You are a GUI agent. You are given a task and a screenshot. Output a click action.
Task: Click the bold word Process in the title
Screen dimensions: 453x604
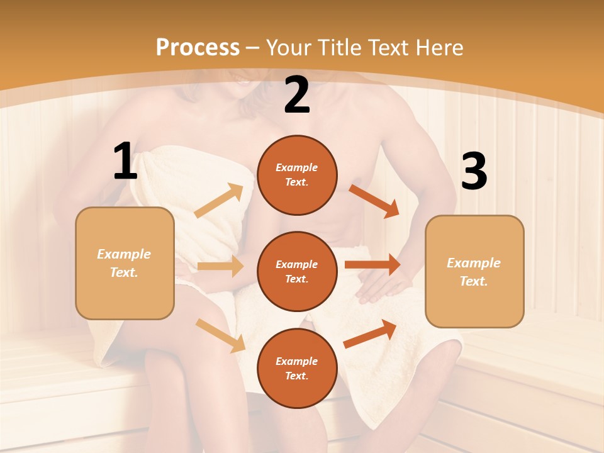click(198, 47)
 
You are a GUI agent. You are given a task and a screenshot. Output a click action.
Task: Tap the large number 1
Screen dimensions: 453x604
click(125, 162)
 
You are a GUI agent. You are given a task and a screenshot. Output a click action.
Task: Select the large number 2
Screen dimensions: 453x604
click(296, 96)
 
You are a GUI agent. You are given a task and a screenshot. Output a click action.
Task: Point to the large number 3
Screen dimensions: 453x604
click(474, 172)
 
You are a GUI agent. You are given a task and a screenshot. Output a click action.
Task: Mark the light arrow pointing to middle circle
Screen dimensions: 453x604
click(220, 266)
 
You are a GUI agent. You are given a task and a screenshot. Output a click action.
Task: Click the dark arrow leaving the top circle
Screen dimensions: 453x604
click(374, 201)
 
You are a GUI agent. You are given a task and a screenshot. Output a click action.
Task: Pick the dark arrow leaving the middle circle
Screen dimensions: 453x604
click(372, 265)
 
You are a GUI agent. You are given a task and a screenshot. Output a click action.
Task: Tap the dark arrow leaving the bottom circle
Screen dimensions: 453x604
click(371, 333)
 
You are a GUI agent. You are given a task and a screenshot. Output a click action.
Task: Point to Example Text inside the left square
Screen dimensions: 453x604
click(124, 263)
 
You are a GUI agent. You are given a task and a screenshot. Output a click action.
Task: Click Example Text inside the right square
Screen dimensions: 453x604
click(474, 272)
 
